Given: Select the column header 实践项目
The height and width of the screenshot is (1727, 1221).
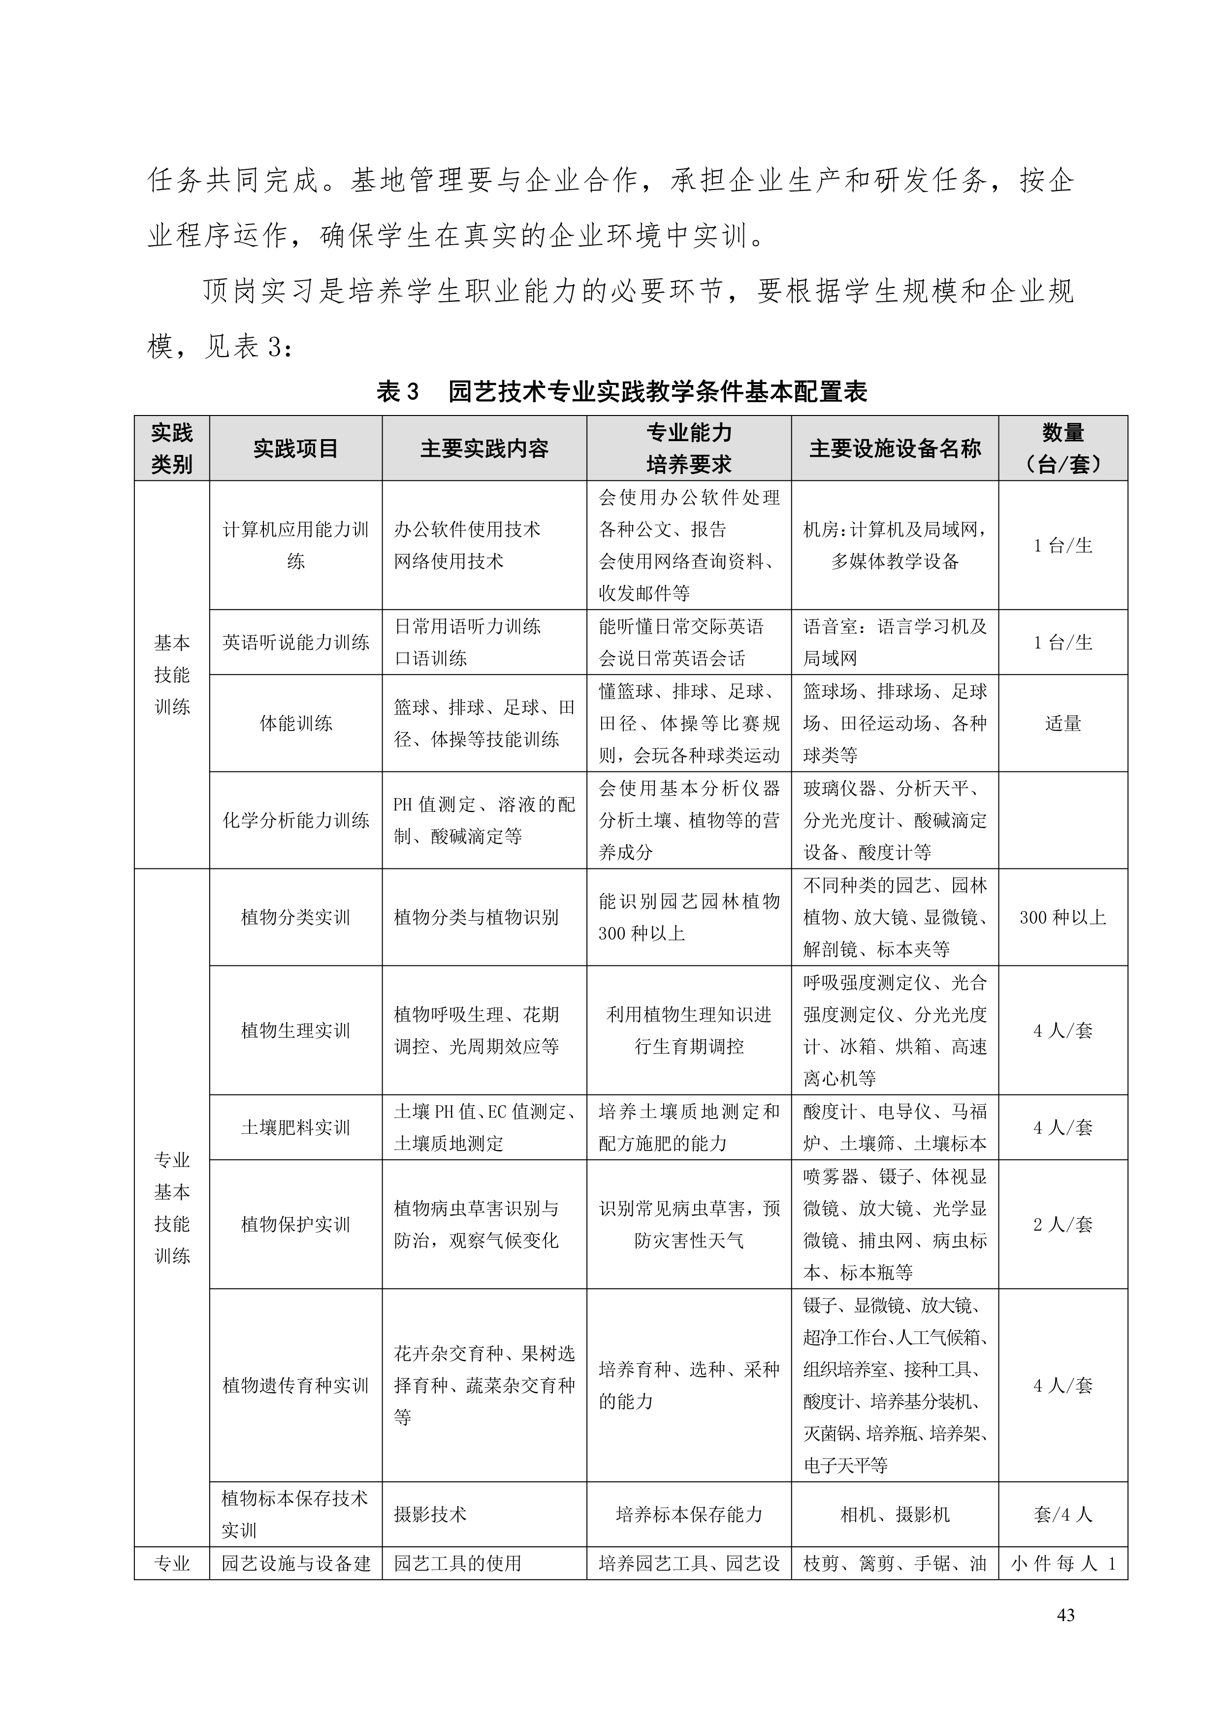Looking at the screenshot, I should [x=296, y=449].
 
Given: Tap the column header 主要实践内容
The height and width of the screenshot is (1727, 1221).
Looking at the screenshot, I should [x=484, y=449].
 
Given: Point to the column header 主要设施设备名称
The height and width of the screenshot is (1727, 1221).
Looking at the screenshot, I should [x=895, y=449].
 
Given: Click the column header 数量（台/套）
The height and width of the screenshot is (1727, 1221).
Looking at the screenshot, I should [x=1062, y=449].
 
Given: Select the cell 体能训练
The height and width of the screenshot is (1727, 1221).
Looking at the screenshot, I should [x=296, y=724].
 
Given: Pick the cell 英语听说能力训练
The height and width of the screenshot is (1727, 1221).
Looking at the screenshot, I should [x=296, y=642].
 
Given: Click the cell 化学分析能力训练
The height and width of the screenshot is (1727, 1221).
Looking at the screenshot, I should [x=296, y=821].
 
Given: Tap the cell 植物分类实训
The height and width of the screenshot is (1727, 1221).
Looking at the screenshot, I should [x=296, y=918].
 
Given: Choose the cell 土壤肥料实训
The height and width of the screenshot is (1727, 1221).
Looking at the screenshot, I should [x=296, y=1127].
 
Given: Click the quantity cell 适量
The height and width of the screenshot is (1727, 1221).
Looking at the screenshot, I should [x=1062, y=724].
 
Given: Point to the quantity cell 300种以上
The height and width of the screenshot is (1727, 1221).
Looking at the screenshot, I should [x=1062, y=918].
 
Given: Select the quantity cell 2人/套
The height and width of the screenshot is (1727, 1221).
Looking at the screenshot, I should [x=1062, y=1224].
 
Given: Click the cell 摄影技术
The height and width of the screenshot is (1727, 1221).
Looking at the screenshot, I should [x=430, y=1515].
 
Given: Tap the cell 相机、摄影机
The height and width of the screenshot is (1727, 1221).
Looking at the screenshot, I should [x=895, y=1515].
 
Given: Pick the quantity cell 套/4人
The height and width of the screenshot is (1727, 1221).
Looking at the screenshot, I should [x=1062, y=1515].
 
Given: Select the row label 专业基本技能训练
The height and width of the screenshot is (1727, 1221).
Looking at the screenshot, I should [x=172, y=1208].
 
